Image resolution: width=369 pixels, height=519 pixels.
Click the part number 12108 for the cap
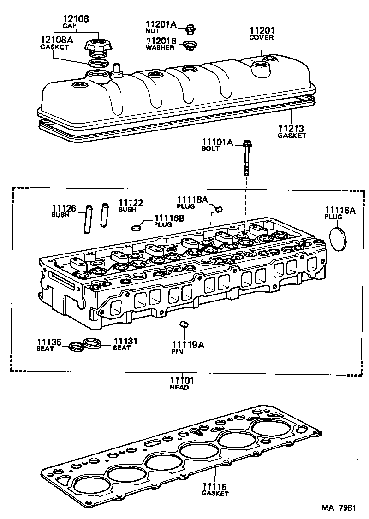coord(76,19)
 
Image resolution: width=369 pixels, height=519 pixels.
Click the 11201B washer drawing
coord(188,45)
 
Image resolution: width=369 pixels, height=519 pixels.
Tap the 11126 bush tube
coord(87,219)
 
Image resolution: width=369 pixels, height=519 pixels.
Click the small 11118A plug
coord(220,210)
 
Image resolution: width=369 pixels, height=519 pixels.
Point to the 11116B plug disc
coord(136,227)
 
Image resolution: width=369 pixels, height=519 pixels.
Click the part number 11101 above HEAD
coord(182,381)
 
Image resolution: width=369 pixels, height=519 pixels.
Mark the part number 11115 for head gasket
coord(215,487)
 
